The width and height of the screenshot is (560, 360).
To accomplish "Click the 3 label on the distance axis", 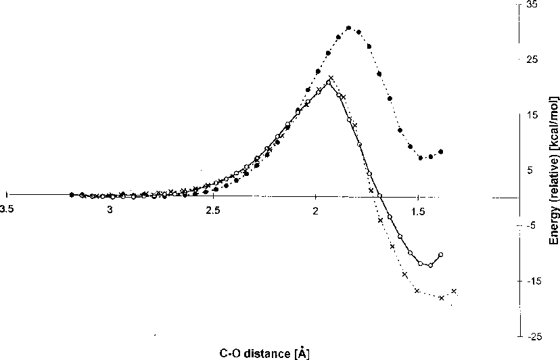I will coord(110,210).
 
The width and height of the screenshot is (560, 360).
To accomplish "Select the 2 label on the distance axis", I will coord(316,210).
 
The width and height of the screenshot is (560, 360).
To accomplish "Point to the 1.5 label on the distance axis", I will coord(418,210).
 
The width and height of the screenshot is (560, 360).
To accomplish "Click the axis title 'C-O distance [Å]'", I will coord(265,353).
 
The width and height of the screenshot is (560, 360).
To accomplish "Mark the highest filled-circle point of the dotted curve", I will coord(348,28).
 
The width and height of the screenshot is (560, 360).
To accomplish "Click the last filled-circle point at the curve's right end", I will coord(441,152).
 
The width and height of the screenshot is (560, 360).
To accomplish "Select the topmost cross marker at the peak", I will coord(331,78).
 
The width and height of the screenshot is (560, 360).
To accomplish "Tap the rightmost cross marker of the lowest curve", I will coord(454,291).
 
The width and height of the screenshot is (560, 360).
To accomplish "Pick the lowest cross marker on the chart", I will coord(442,298).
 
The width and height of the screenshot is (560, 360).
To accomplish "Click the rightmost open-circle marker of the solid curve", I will coord(441,254).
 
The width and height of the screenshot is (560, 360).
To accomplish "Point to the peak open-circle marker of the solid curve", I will coord(328,83).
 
